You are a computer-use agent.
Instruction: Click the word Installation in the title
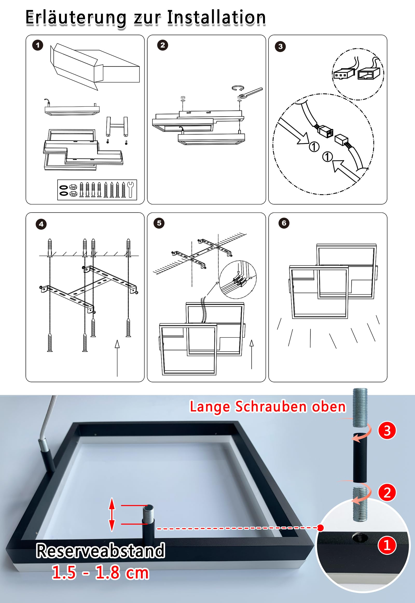216,18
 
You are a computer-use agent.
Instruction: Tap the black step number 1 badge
38,45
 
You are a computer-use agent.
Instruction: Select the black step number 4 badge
41,224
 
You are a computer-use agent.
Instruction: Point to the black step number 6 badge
284,223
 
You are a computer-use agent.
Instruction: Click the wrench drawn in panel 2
250,93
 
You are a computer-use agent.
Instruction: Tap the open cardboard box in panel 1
95,67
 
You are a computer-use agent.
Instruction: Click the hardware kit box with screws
97,190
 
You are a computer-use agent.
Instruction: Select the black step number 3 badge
280,46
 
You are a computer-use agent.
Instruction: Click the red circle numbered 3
387,431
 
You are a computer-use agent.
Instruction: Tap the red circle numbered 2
387,493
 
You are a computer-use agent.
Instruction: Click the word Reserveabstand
100,550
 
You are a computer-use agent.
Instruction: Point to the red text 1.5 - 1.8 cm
100,572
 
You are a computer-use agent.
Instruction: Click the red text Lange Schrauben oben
268,407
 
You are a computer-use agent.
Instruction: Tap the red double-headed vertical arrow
112,514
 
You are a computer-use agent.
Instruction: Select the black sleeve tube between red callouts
360,458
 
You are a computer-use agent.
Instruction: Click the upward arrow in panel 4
117,358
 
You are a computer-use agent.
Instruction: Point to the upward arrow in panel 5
251,354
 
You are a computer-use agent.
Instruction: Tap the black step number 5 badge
159,223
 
